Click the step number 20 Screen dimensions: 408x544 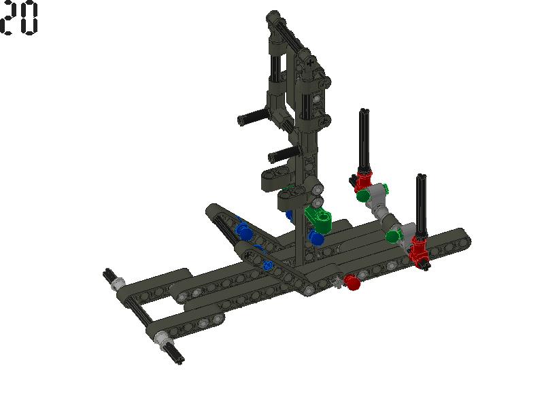click(19, 19)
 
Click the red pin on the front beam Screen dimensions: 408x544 click(351, 281)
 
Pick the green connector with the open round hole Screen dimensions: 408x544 click(319, 219)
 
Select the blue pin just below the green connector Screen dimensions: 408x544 click(316, 238)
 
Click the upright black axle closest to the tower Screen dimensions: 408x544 click(364, 139)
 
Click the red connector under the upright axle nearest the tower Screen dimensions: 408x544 click(362, 182)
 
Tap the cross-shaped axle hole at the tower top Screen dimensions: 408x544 click(311, 64)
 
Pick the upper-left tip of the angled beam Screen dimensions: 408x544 click(213, 210)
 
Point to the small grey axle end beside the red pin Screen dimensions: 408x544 click(337, 282)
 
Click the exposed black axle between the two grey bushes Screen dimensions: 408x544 click(139, 310)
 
